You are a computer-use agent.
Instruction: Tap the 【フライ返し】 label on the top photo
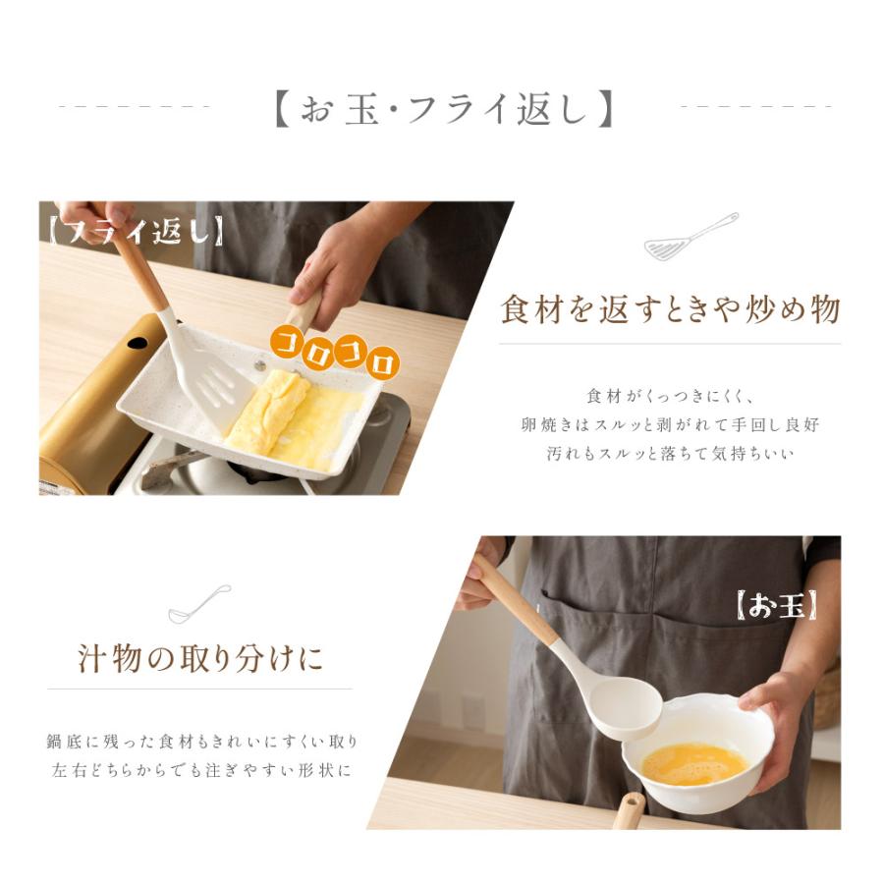(136, 231)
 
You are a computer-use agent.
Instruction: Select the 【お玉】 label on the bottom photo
(777, 606)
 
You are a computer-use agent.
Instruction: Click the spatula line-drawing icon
(691, 237)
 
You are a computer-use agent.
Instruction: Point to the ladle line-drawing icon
(199, 604)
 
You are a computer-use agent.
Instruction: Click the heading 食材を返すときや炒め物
(670, 309)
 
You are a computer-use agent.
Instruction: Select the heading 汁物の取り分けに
(200, 658)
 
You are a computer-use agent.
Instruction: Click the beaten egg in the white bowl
(694, 764)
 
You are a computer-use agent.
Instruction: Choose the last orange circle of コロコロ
(383, 362)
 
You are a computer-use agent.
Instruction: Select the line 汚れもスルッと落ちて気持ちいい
(670, 453)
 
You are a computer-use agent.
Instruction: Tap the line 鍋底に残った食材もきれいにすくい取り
(201, 742)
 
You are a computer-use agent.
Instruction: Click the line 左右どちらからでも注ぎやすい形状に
(201, 770)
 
